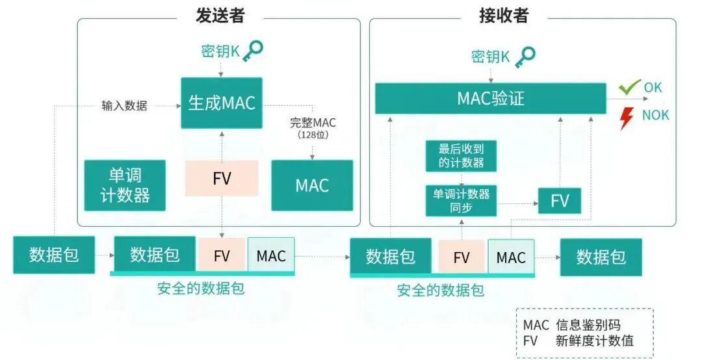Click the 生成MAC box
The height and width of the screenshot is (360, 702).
point(222,103)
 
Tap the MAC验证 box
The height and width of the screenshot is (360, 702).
point(490,99)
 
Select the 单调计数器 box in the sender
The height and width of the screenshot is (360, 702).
point(125,185)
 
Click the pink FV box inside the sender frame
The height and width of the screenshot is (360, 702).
point(222,178)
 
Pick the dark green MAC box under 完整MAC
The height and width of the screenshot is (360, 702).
point(312,185)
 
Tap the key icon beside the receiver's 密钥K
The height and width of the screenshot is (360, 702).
point(524,56)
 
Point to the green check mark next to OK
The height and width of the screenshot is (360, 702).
point(629,86)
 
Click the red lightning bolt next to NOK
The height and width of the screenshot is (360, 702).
point(627,118)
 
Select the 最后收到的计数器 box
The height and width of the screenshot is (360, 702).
point(461,155)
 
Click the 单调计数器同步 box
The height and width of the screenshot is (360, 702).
point(461,201)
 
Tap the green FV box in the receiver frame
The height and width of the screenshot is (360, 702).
point(560,201)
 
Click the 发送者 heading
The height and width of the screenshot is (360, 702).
point(220,16)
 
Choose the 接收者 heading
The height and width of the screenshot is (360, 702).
point(504,16)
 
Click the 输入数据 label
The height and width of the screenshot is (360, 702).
point(124,105)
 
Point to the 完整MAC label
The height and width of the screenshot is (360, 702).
point(313,122)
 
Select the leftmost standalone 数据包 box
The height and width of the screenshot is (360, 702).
point(54,255)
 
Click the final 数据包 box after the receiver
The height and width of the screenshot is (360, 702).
point(601,257)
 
